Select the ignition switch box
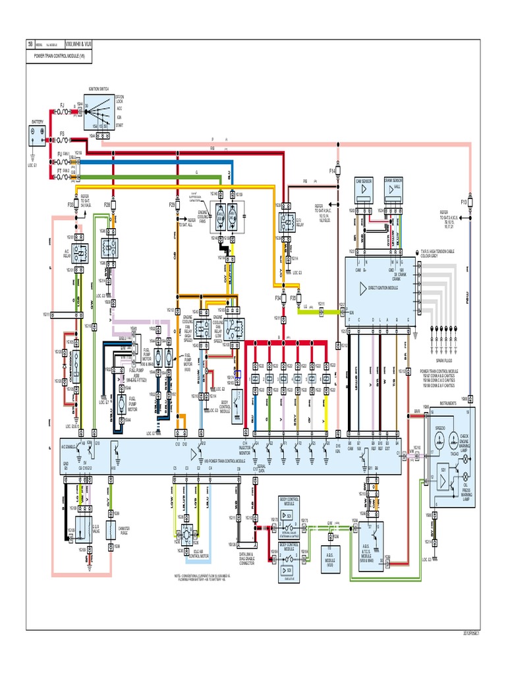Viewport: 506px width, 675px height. click(x=101, y=113)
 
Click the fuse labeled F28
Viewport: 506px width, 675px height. click(x=114, y=206)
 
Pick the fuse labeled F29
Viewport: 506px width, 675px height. click(x=178, y=206)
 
